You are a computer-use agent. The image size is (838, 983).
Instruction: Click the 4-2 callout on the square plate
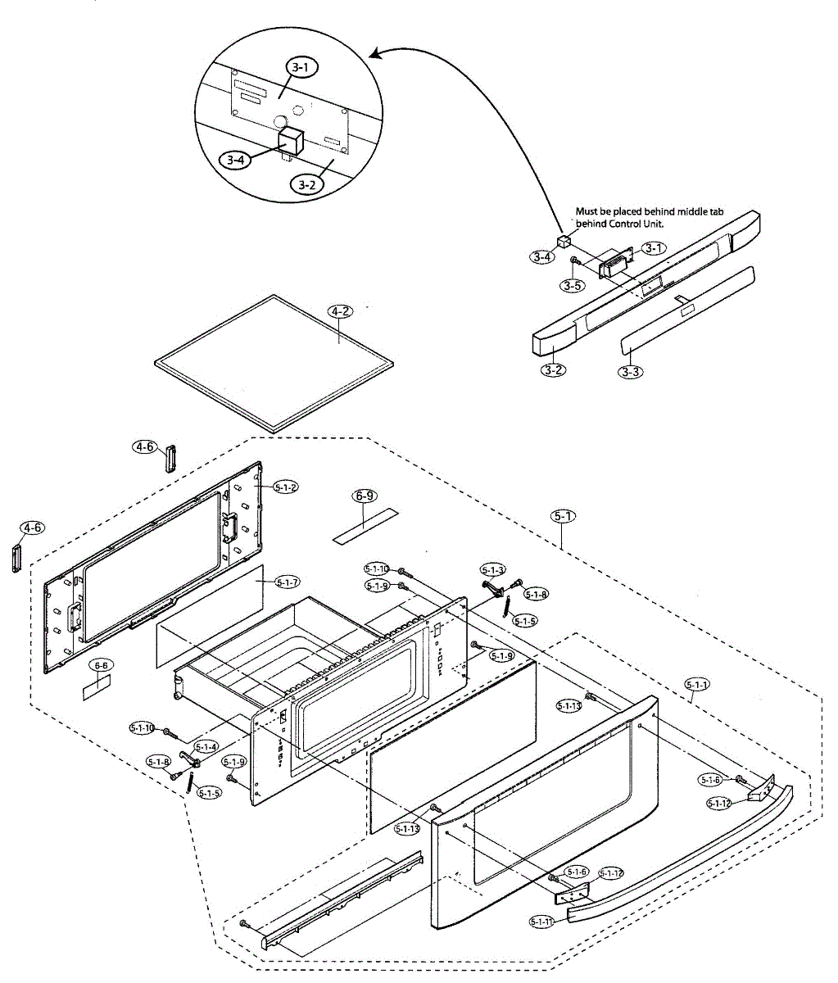point(341,311)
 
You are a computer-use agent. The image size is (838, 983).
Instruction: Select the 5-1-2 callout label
point(286,487)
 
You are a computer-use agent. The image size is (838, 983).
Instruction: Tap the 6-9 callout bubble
point(365,496)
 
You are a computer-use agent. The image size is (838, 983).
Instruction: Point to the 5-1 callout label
point(563,516)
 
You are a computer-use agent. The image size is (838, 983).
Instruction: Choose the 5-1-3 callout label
point(493,569)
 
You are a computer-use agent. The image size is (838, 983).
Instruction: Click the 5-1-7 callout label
point(287,582)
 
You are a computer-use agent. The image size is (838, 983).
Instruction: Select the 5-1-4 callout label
point(206,746)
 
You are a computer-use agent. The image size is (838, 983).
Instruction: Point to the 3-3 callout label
point(630,371)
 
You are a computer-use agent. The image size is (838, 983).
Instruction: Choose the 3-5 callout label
point(572,286)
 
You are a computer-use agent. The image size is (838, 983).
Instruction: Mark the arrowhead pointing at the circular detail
point(375,55)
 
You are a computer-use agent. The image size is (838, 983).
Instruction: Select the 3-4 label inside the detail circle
point(236,161)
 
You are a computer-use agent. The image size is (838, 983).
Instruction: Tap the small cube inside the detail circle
point(289,141)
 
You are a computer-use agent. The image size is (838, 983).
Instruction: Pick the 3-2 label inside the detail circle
point(306,183)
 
